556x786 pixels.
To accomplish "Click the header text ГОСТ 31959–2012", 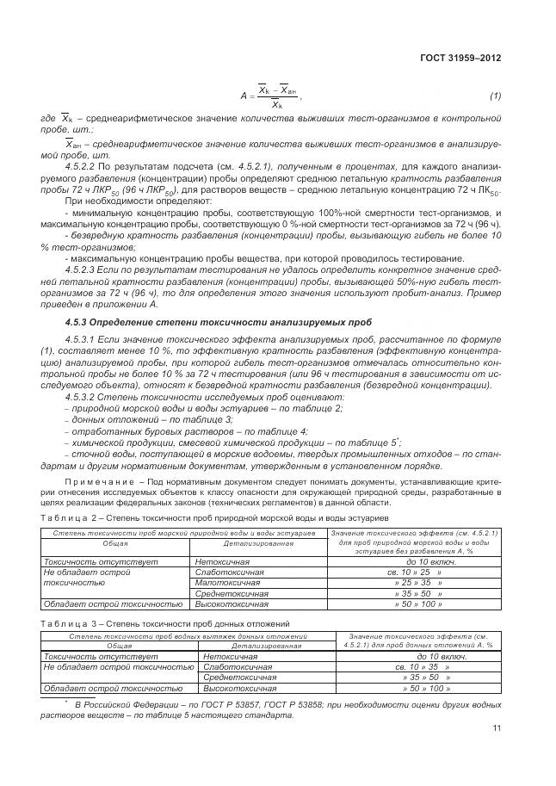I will (459, 59).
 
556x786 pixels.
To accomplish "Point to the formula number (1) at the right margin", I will (495, 96).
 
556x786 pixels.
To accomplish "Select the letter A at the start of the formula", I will (244, 96).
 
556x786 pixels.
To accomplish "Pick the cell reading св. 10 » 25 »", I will (414, 571).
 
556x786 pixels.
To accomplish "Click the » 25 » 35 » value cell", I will (414, 582).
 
